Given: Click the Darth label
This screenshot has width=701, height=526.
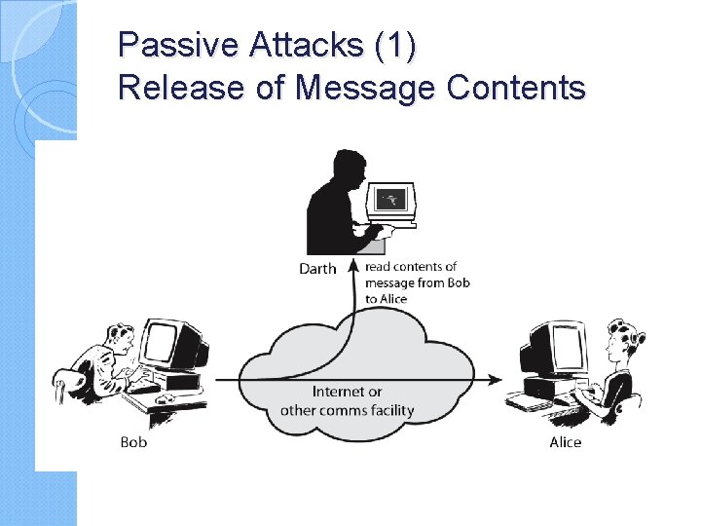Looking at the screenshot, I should (x=317, y=269).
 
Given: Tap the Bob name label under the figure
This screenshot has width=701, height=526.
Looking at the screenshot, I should (x=133, y=442).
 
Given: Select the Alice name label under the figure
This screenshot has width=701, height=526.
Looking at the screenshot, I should (x=565, y=442).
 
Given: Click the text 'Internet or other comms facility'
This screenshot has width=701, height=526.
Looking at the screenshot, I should (x=347, y=400).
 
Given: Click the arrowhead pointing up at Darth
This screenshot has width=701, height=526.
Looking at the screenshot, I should (x=352, y=264).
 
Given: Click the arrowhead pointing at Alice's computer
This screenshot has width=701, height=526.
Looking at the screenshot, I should (x=497, y=379).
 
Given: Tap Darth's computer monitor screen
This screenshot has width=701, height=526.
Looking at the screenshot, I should (x=391, y=200).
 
